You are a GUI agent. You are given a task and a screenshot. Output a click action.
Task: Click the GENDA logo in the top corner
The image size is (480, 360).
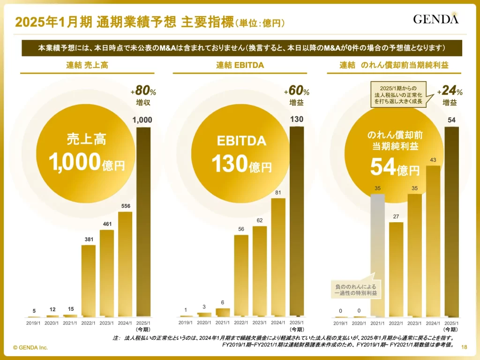coord(435,19)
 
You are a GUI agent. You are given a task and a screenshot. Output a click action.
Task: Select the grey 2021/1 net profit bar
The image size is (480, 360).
coord(378,255)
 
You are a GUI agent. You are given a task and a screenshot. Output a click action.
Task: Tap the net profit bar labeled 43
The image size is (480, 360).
coord(433,241)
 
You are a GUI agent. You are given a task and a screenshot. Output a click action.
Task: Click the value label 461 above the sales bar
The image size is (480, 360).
coord(107,224)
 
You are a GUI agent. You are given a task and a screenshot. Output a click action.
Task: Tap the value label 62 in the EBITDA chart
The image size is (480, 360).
coord(260,220)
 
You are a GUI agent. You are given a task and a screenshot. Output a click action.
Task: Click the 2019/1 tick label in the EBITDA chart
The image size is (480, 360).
coord(186,322)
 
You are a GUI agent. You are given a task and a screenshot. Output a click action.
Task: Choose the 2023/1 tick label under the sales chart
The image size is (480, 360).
coord(107,322)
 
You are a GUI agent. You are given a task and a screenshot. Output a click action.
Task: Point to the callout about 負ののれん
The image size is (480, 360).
coord(356,290)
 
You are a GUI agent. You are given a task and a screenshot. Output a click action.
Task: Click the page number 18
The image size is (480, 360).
coord(465,347)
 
